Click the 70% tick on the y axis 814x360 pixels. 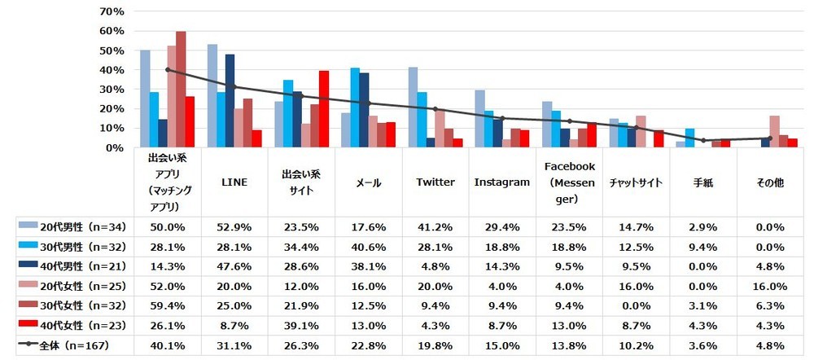pyautogui.click(x=112, y=11)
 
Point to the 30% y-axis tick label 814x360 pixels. pyautogui.click(x=112, y=90)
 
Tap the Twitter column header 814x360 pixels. pyautogui.click(x=435, y=182)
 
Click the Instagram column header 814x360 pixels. pyautogui.click(x=501, y=182)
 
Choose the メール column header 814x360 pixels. pyautogui.click(x=368, y=182)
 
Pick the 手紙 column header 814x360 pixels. pyautogui.click(x=702, y=182)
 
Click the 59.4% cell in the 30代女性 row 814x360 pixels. pyautogui.click(x=167, y=305)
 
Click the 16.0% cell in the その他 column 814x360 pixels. pyautogui.click(x=769, y=286)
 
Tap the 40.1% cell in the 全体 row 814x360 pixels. pyautogui.click(x=167, y=345)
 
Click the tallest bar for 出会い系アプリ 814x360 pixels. pyautogui.click(x=181, y=90)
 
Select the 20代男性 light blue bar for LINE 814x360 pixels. pyautogui.click(x=212, y=96)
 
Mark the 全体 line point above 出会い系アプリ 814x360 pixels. pyautogui.click(x=167, y=69)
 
